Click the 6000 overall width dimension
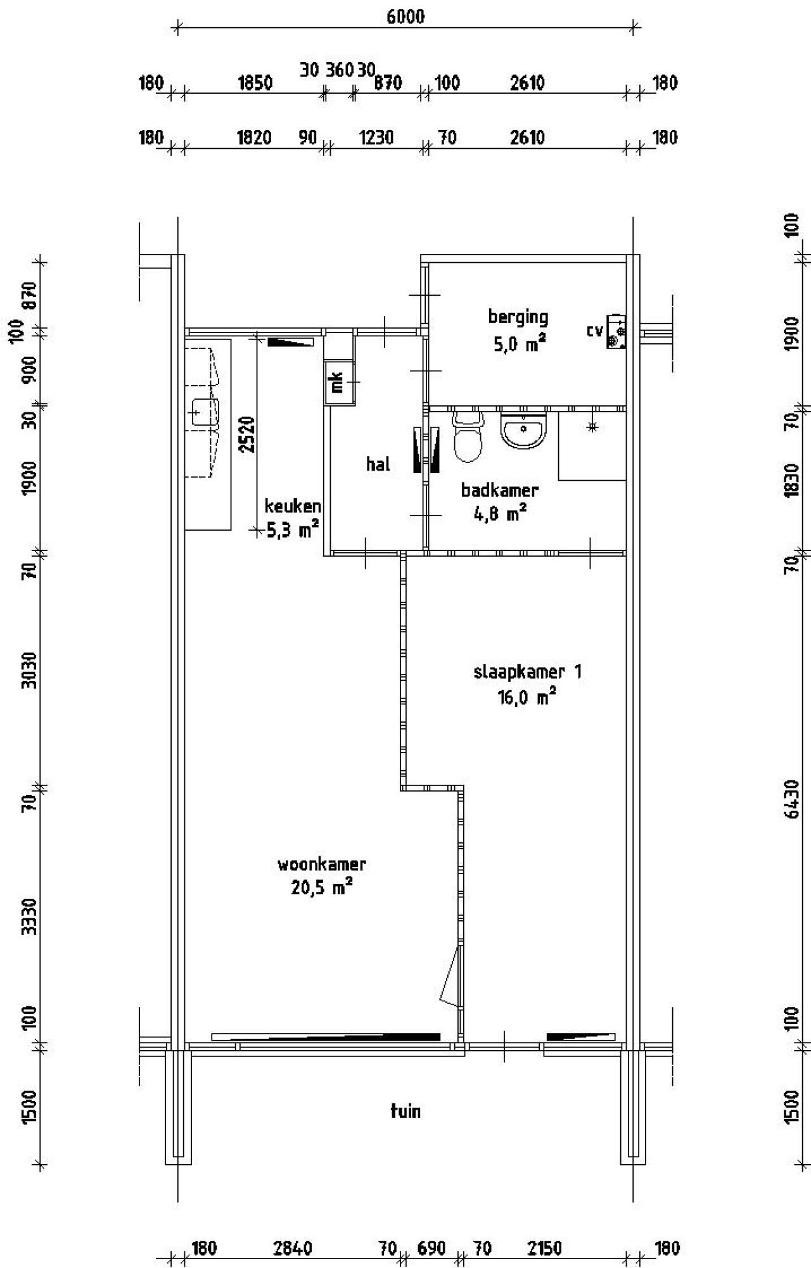(x=405, y=17)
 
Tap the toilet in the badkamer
(x=468, y=437)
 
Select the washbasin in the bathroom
(x=523, y=430)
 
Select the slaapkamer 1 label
(x=527, y=671)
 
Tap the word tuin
(x=405, y=1111)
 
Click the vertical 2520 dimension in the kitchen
(x=248, y=434)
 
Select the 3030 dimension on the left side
(x=29, y=670)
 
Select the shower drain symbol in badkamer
(x=592, y=428)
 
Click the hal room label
(x=378, y=465)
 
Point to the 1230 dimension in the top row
(x=376, y=137)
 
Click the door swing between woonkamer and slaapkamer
(x=449, y=976)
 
